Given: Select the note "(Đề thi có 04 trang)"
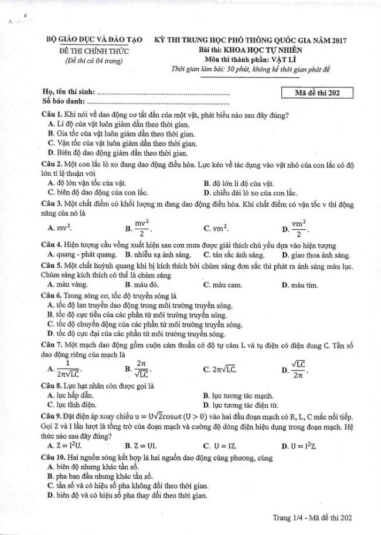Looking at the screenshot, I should pos(94,60).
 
